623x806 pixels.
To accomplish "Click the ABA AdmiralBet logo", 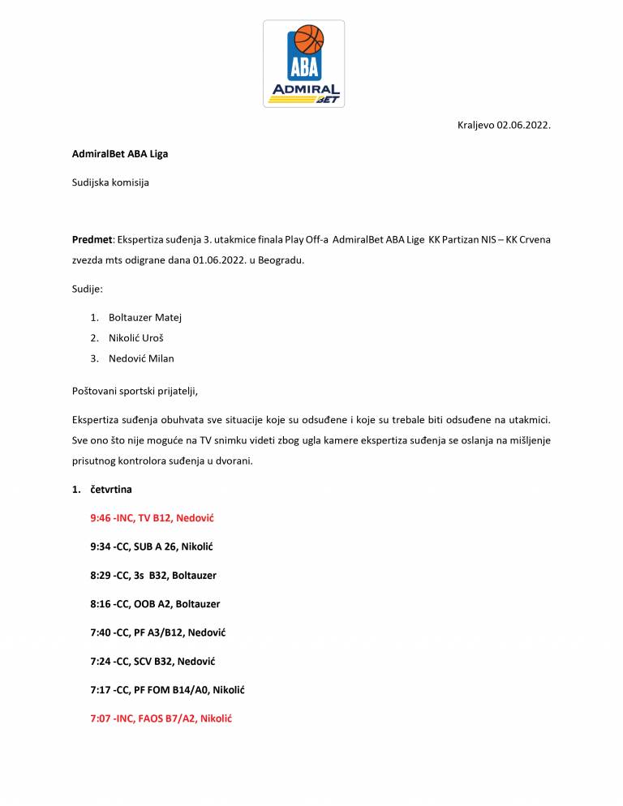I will tap(304, 64).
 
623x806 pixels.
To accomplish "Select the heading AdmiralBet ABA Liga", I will tap(120, 154).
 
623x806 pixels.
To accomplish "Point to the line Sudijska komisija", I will tap(110, 182).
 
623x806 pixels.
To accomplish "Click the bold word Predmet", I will tap(92, 240).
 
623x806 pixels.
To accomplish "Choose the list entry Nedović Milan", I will tap(141, 358).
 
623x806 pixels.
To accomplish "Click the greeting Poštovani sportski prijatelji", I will tap(135, 391).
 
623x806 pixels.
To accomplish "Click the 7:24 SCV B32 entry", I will tap(153, 662).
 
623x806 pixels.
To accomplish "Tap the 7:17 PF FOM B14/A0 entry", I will tap(167, 690).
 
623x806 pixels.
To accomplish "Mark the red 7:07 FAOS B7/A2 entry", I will tap(161, 718).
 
